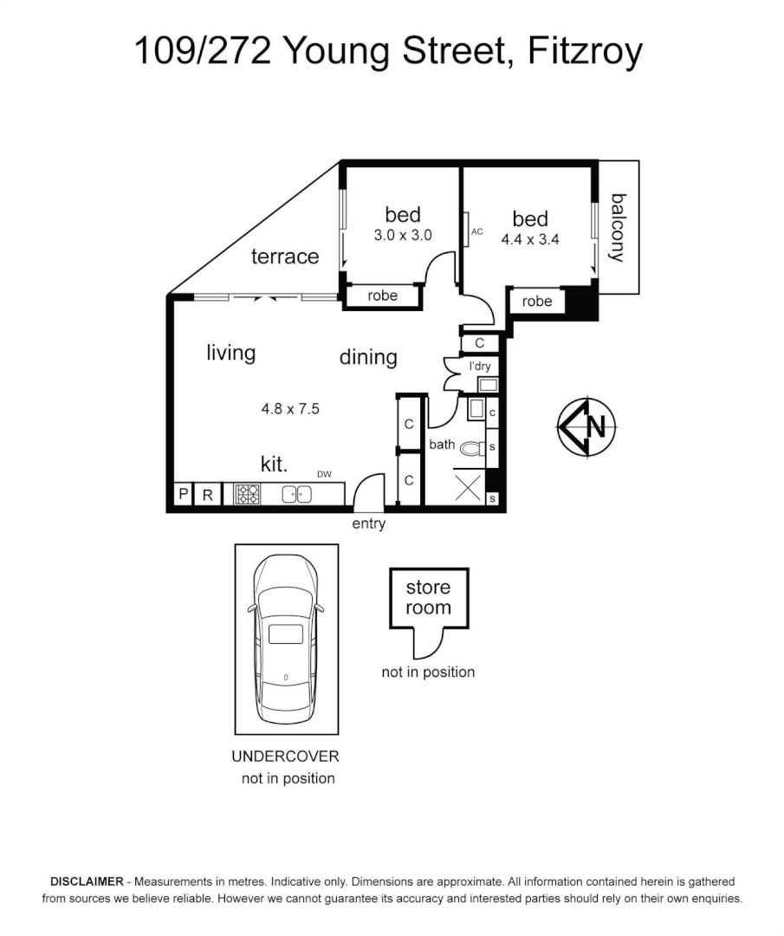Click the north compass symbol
pyautogui.click(x=586, y=426)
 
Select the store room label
pyautogui.click(x=428, y=597)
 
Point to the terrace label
pyautogui.click(x=285, y=257)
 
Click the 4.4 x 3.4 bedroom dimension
pyautogui.click(x=530, y=240)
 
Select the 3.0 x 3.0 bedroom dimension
pyautogui.click(x=403, y=235)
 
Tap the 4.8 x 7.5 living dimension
pyautogui.click(x=290, y=408)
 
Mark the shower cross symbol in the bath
pyautogui.click(x=469, y=487)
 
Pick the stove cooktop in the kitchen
pyautogui.click(x=247, y=495)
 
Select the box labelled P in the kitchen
pyautogui.click(x=183, y=495)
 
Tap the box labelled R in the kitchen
pyautogui.click(x=208, y=495)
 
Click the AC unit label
pyautogui.click(x=476, y=232)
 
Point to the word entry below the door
pyautogui.click(x=368, y=524)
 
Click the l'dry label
pyautogui.click(x=480, y=367)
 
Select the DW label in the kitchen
pyautogui.click(x=325, y=473)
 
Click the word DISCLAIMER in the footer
pyautogui.click(x=87, y=880)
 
